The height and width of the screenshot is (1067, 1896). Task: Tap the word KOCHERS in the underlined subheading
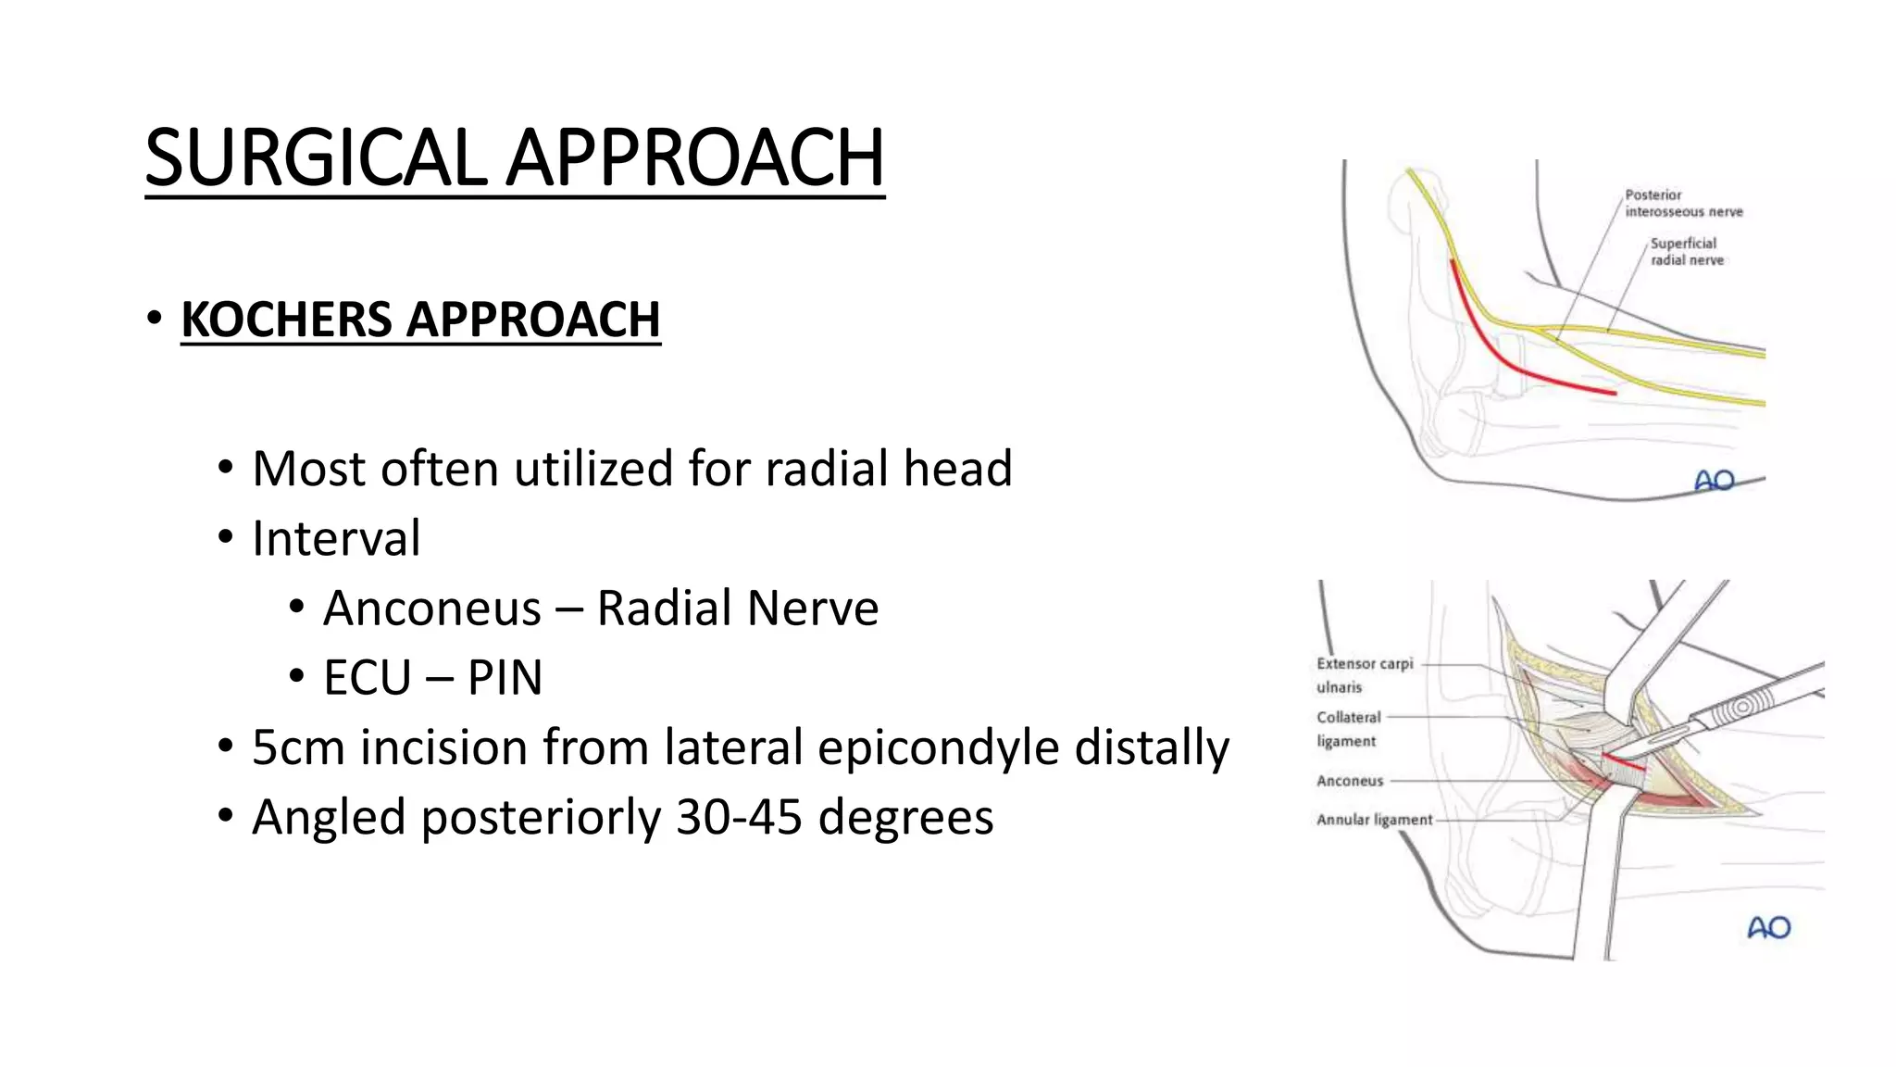[x=286, y=320]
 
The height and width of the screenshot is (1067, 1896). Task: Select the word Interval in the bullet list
[x=336, y=538]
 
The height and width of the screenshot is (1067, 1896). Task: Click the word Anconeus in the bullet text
[x=431, y=609]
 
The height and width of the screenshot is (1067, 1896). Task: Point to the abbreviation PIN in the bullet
[x=505, y=678]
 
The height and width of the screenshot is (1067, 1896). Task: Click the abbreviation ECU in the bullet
[x=367, y=678]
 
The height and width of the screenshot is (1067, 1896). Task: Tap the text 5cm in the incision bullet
[x=297, y=747]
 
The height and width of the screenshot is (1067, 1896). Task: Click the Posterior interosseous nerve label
[x=1682, y=203]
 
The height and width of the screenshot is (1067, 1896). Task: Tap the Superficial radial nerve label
[x=1686, y=251]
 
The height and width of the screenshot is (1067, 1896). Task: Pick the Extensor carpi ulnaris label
[x=1363, y=674]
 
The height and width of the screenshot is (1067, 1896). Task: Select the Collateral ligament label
[x=1348, y=728]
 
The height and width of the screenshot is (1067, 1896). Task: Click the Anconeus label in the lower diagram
[x=1350, y=781]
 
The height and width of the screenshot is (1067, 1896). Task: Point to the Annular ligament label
[x=1374, y=820]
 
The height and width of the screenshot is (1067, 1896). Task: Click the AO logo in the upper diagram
[x=1714, y=480]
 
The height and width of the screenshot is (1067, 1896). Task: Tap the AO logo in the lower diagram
[x=1768, y=927]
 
